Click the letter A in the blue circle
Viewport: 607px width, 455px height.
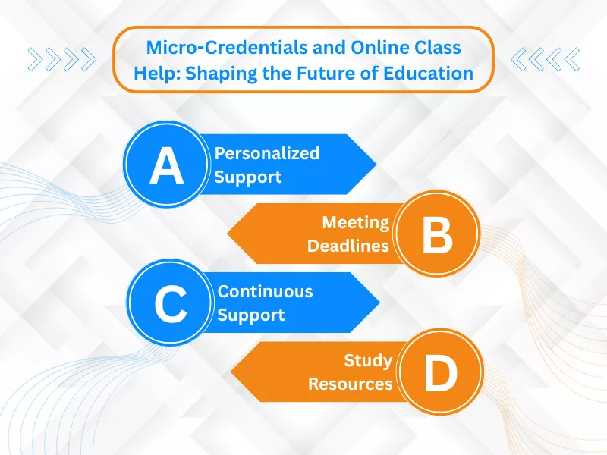coord(166,168)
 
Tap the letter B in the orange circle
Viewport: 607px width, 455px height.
coord(437,235)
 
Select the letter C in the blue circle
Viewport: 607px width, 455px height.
coord(170,305)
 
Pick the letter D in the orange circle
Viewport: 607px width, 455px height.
coord(440,373)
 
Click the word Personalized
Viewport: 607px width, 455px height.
coord(266,153)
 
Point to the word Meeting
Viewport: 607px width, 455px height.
coord(355,222)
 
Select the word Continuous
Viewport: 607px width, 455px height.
coord(265,291)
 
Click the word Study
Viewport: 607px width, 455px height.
coord(368,360)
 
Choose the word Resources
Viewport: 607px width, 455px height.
coord(350,384)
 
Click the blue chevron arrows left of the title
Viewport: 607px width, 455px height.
coord(62,58)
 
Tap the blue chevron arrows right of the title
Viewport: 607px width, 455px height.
coord(546,58)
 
